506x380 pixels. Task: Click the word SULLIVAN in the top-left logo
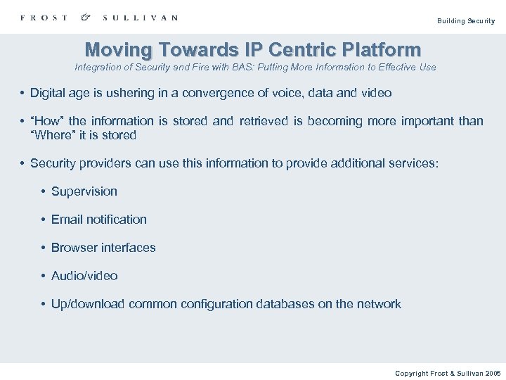click(x=140, y=18)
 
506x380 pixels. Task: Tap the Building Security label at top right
click(x=466, y=21)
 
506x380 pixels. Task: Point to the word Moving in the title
click(x=118, y=50)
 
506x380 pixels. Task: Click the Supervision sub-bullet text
click(x=84, y=191)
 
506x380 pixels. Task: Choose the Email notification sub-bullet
click(x=99, y=220)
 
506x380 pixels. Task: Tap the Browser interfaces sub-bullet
click(x=103, y=248)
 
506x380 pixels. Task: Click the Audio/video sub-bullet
click(x=84, y=276)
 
